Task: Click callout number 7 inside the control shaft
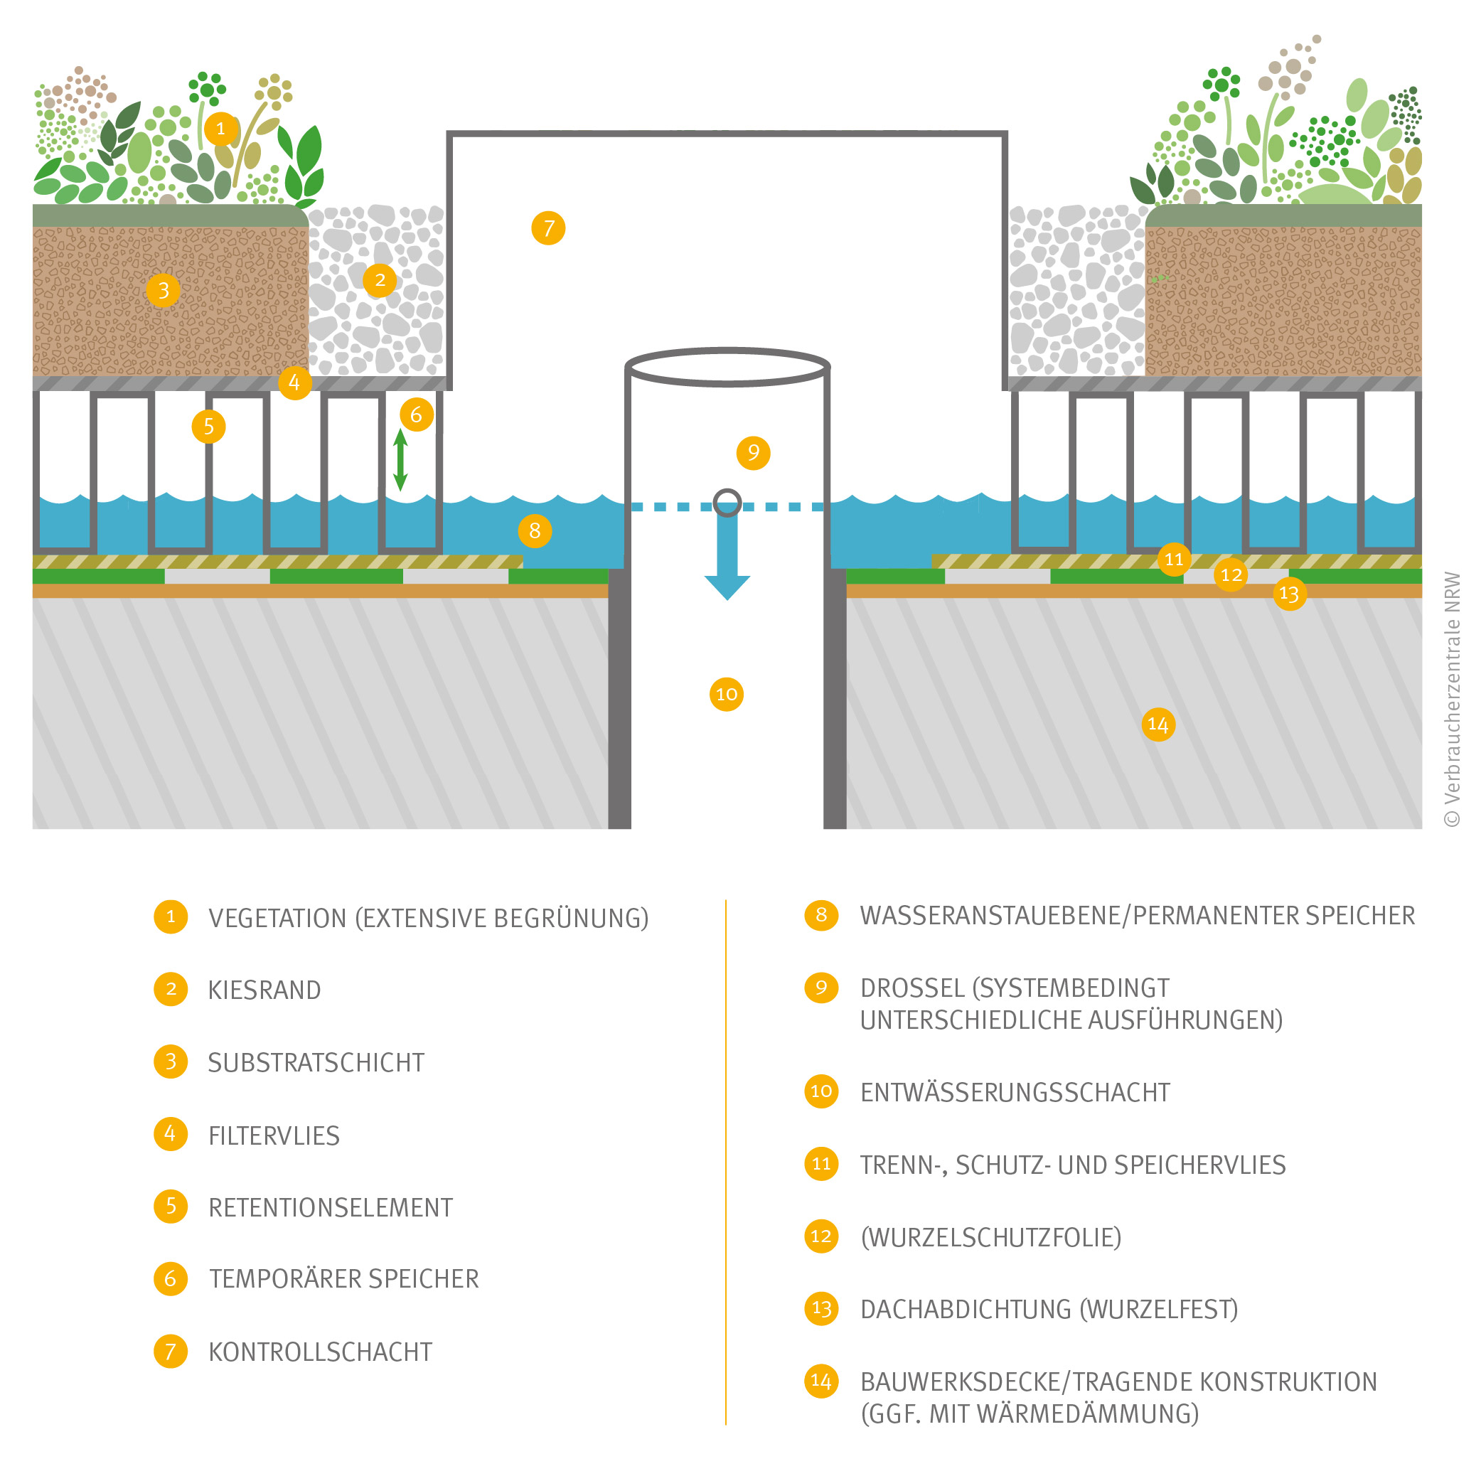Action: [x=548, y=228]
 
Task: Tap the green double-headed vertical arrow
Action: [x=400, y=460]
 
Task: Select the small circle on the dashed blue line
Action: [x=727, y=503]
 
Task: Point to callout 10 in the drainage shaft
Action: [x=726, y=695]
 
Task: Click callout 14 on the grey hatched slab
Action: [x=1157, y=725]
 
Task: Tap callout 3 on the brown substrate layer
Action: [x=164, y=291]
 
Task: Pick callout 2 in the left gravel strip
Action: [x=380, y=280]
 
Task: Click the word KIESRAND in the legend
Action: [x=264, y=990]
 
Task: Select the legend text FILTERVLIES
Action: [x=274, y=1135]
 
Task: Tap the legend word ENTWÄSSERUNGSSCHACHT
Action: [x=1014, y=1092]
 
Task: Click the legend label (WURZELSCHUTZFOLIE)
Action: [x=990, y=1237]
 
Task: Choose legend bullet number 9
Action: [x=821, y=988]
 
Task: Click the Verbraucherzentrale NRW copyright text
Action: [x=1452, y=698]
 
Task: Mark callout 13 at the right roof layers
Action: [x=1289, y=593]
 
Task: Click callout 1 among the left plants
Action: [x=221, y=128]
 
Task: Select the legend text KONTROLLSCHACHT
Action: [x=321, y=1352]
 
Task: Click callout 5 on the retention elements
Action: [x=208, y=426]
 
